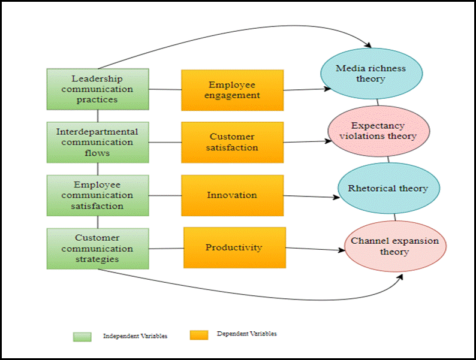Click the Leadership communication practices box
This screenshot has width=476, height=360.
pyautogui.click(x=98, y=89)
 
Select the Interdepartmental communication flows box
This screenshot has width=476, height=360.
pyautogui.click(x=98, y=142)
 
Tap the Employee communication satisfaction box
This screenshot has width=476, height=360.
pyautogui.click(x=98, y=195)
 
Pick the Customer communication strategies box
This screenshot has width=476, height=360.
pyautogui.click(x=98, y=248)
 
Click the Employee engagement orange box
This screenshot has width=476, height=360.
pyautogui.click(x=232, y=90)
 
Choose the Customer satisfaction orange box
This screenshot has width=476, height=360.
pyautogui.click(x=232, y=143)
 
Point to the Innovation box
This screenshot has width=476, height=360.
pyautogui.click(x=232, y=195)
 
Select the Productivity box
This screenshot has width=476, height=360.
pyautogui.click(x=234, y=247)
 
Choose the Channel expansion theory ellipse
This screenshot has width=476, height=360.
pyautogui.click(x=395, y=246)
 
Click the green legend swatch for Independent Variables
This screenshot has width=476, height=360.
pyautogui.click(x=82, y=336)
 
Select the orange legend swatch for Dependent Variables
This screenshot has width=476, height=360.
pyautogui.click(x=199, y=334)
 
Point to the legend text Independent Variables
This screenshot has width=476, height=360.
pyautogui.click(x=135, y=336)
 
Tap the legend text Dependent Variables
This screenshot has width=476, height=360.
pyautogui.click(x=247, y=334)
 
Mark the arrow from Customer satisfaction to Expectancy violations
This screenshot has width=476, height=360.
pyautogui.click(x=306, y=143)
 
